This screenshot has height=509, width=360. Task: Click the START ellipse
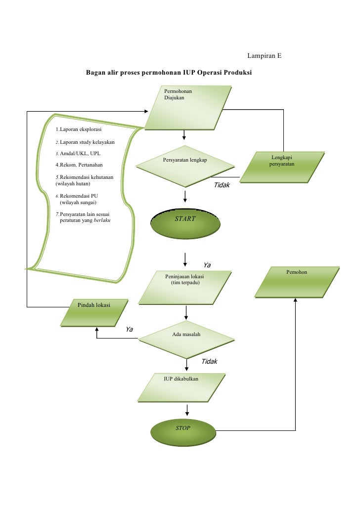tap(185, 224)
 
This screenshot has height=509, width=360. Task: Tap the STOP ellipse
tap(183, 432)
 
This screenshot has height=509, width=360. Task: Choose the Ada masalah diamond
tap(186, 339)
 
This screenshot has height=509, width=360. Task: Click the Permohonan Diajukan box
tap(188, 108)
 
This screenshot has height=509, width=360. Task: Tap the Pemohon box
tap(297, 282)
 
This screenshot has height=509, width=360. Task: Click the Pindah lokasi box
tap(94, 313)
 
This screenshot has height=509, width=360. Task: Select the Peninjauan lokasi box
tap(185, 288)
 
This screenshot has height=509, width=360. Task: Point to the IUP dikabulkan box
tap(181, 388)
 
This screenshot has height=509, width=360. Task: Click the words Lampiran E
tap(264, 55)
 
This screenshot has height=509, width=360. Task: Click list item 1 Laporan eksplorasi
tap(79, 129)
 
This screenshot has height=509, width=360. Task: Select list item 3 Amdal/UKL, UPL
tap(78, 154)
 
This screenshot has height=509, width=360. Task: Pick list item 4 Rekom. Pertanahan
tap(79, 165)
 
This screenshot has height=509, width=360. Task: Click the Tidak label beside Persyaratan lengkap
tap(222, 185)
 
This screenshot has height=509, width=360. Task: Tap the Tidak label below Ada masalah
tap(210, 362)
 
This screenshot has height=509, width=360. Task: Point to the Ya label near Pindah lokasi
tap(130, 330)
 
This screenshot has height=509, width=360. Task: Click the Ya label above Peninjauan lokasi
tap(207, 265)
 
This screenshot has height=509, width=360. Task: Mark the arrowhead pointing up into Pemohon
tap(295, 300)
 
